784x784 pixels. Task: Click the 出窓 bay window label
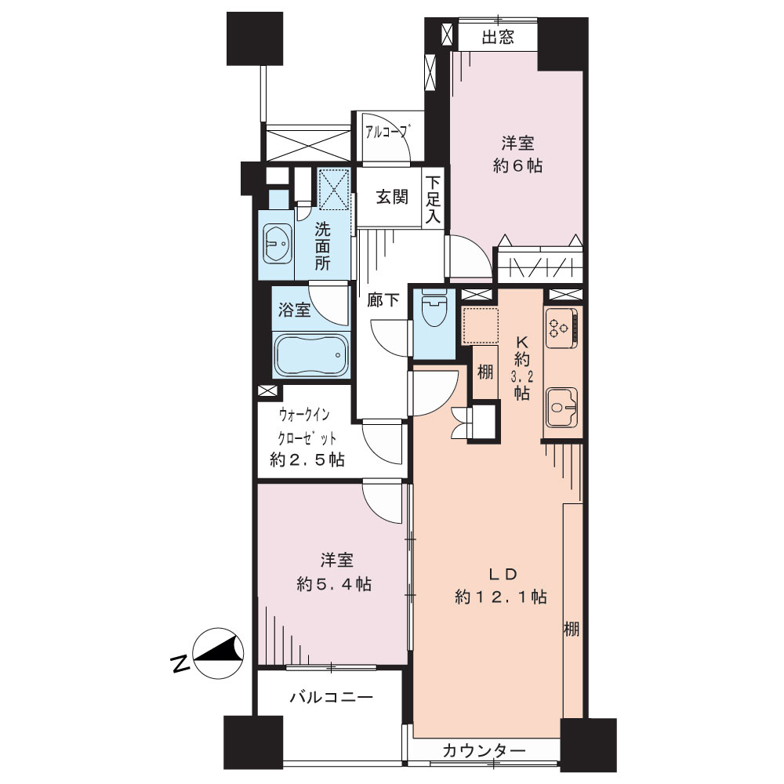[498, 37]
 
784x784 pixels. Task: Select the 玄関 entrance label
[391, 197]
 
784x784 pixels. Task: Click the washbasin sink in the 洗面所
[277, 244]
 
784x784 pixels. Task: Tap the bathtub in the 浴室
[310, 354]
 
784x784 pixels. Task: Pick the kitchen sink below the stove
[561, 407]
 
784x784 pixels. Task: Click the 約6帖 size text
[517, 165]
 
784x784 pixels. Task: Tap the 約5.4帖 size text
[334, 583]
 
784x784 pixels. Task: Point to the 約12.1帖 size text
[500, 597]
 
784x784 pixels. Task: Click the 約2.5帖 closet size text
[307, 459]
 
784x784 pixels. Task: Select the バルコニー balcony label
[331, 696]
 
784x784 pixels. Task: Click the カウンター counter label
[484, 750]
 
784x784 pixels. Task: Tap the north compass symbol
[218, 653]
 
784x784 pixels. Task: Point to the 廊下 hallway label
[383, 300]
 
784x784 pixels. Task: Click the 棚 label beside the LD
[572, 629]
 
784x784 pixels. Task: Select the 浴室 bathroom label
[295, 310]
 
